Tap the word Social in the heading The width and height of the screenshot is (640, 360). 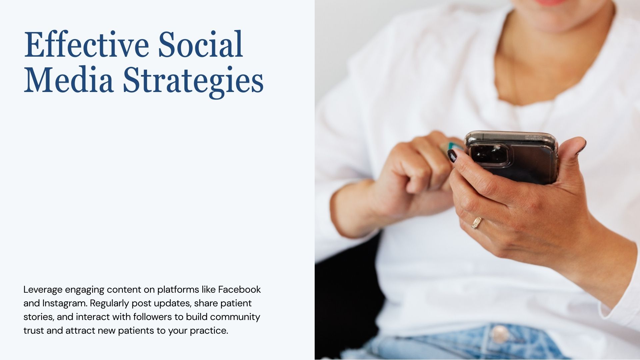pyautogui.click(x=200, y=45)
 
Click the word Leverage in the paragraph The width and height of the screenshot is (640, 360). pyautogui.click(x=43, y=290)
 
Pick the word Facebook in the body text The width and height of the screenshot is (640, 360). pyautogui.click(x=239, y=289)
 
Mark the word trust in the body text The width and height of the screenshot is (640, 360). pyautogui.click(x=33, y=331)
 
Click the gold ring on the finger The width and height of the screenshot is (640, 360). pyautogui.click(x=477, y=223)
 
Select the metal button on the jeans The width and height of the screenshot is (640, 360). pyautogui.click(x=499, y=334)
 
